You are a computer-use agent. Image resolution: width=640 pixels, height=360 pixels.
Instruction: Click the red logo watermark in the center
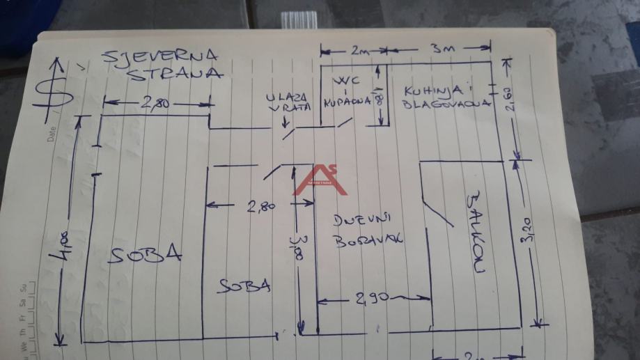(320, 180)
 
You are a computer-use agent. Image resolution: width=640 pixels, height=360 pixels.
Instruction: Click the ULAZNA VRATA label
(288, 103)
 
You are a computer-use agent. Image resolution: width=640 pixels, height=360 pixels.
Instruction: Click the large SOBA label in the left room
(145, 255)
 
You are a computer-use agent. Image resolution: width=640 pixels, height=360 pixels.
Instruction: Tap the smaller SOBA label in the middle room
(243, 286)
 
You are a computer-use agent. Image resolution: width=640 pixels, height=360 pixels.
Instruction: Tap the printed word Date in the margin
(52, 134)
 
